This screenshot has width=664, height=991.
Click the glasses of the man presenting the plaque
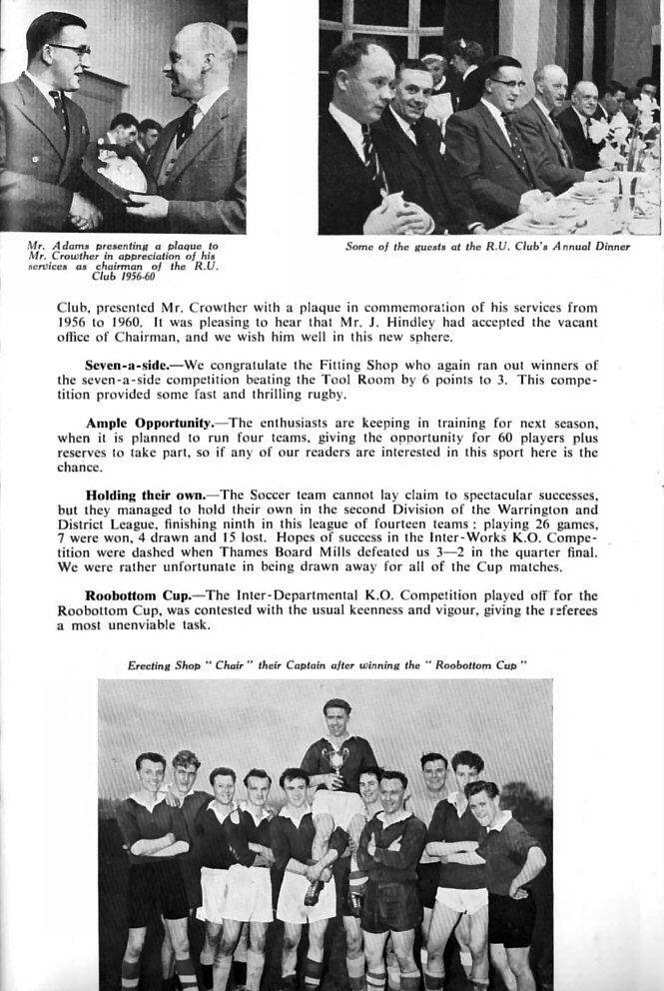tap(69, 48)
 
